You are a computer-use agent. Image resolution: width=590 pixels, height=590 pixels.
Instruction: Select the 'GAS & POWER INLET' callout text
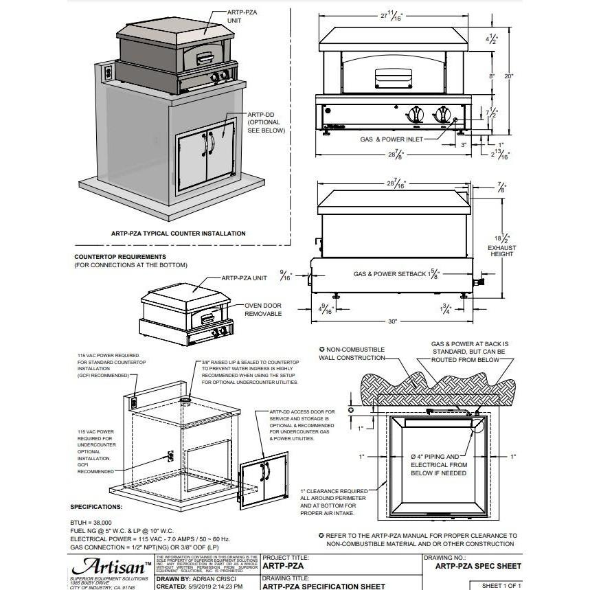click(x=392, y=139)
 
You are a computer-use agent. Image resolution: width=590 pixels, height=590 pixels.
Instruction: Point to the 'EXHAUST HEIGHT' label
click(x=501, y=251)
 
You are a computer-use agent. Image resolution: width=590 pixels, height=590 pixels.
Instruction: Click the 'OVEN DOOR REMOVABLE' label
click(x=263, y=310)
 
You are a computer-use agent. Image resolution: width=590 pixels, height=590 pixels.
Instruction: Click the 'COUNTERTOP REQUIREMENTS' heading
click(x=120, y=257)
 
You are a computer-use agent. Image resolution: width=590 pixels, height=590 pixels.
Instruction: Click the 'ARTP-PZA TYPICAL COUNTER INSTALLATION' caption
click(x=178, y=234)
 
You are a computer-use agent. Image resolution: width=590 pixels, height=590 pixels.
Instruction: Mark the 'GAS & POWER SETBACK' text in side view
click(x=390, y=273)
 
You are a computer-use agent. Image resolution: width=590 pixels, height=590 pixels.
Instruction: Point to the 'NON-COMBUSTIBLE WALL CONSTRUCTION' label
click(x=355, y=354)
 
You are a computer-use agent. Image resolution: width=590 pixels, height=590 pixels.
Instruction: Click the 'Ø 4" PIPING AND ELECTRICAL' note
click(x=433, y=464)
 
